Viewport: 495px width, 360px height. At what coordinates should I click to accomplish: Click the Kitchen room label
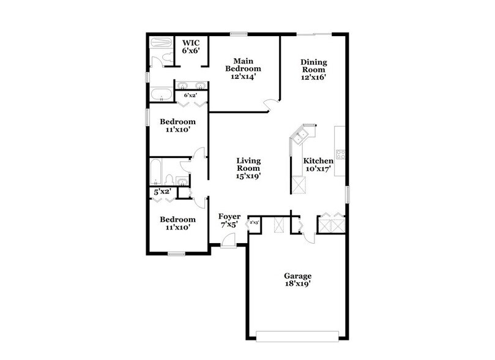pyautogui.click(x=318, y=160)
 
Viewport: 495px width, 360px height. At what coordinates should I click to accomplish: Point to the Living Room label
pyautogui.click(x=248, y=164)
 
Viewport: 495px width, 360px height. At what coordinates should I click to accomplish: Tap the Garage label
pyautogui.click(x=297, y=276)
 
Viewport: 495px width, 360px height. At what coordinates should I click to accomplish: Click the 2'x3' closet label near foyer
pyautogui.click(x=254, y=223)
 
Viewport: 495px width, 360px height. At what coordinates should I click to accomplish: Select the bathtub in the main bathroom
pyautogui.click(x=162, y=95)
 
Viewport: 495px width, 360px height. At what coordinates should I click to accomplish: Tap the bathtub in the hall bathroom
pyautogui.click(x=157, y=171)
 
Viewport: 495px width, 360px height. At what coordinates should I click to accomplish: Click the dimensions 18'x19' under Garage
pyautogui.click(x=297, y=285)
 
